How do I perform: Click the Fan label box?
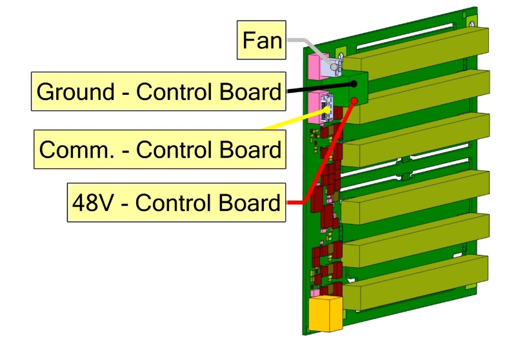[x=262, y=41]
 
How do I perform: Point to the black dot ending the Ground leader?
[x=353, y=83]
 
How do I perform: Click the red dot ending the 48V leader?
[x=354, y=101]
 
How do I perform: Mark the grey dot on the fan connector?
[x=333, y=67]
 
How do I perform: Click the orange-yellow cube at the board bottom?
[x=326, y=314]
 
